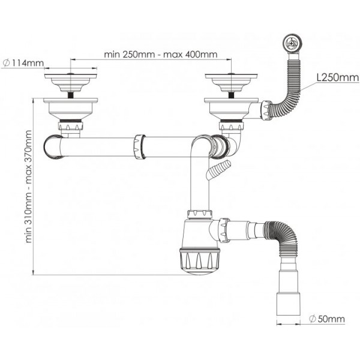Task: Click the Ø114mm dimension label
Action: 23,62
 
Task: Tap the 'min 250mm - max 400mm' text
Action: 160,55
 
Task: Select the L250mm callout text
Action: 338,77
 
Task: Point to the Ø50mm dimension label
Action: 327,319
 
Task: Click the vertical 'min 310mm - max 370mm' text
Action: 28,187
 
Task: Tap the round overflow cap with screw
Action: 291,43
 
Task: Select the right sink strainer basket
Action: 231,83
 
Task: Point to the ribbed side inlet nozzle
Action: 219,170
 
